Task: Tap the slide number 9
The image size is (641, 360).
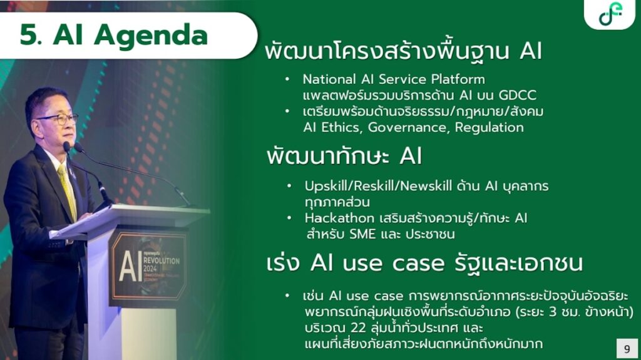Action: click(627, 349)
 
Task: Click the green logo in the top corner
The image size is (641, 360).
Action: click(610, 14)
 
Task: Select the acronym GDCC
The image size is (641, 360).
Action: click(517, 95)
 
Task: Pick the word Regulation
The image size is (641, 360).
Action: click(490, 128)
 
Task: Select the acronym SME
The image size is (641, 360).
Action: click(362, 234)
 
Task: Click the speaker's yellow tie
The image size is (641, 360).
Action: click(68, 190)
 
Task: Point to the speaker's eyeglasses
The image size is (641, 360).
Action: click(60, 119)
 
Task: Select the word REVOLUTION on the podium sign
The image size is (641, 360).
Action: click(162, 260)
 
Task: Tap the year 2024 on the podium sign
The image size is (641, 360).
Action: click(150, 269)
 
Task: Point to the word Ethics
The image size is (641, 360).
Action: click(342, 128)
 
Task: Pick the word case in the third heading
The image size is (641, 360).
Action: click(418, 264)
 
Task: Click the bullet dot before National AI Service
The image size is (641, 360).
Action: click(287, 78)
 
